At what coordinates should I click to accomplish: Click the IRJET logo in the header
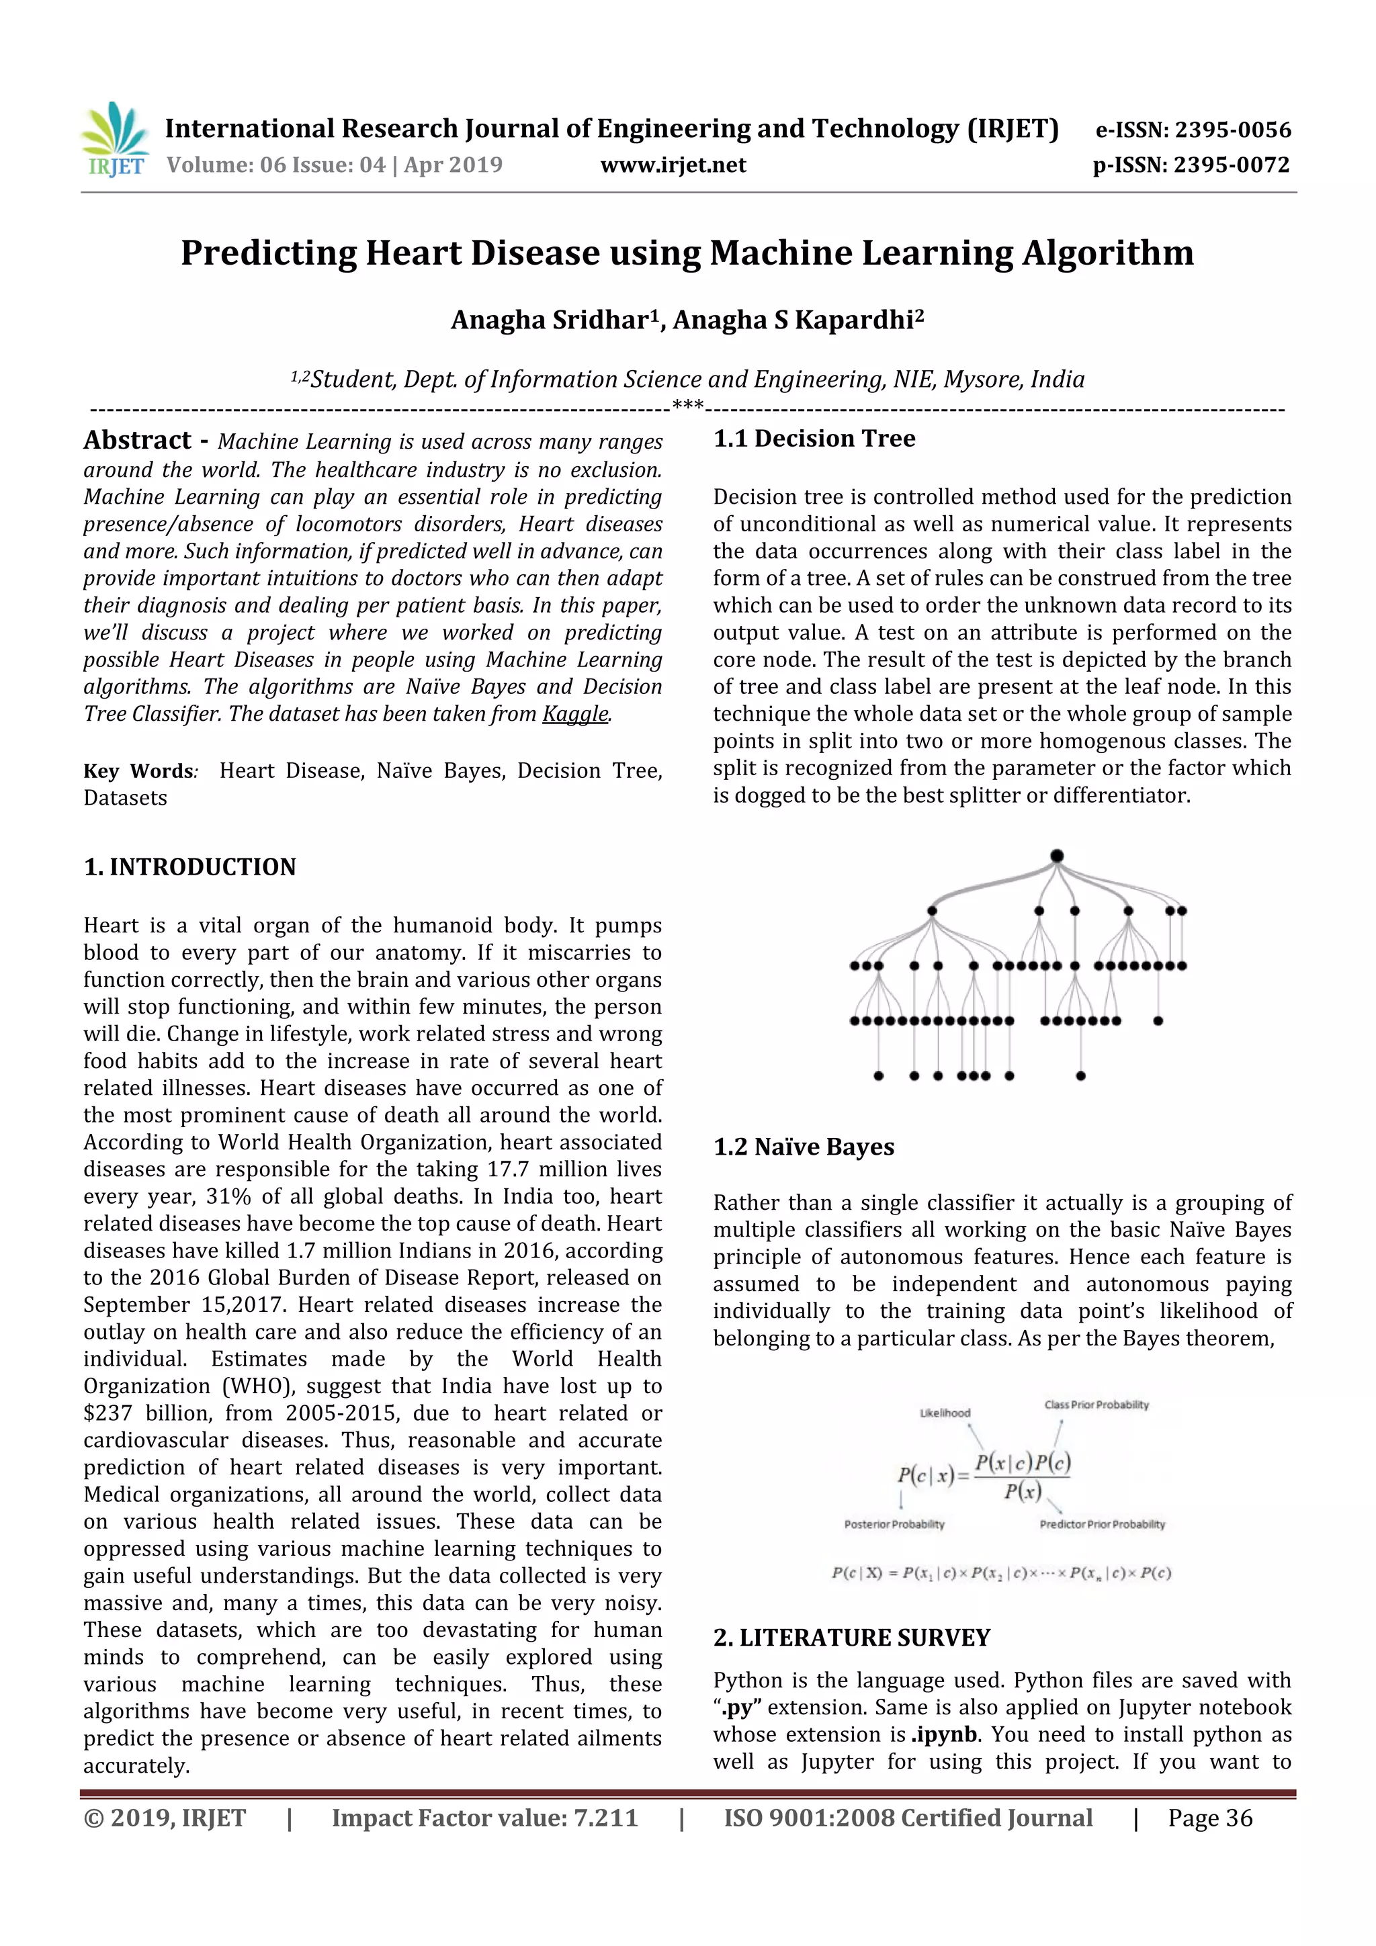[114, 140]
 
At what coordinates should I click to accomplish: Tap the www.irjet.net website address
[673, 165]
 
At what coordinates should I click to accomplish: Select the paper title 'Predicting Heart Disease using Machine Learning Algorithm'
[687, 253]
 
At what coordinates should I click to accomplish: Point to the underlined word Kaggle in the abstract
[575, 713]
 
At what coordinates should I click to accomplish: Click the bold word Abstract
[137, 440]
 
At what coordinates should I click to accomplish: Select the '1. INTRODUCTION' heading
[190, 867]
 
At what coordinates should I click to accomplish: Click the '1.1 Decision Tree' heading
[814, 438]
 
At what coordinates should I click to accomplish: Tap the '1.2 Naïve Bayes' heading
[803, 1147]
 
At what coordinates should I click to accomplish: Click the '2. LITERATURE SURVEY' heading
[851, 1638]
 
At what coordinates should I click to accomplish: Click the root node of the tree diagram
[1056, 856]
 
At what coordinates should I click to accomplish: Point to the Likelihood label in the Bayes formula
[945, 1413]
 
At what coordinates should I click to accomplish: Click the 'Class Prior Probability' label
[1096, 1405]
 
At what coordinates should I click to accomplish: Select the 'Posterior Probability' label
[894, 1524]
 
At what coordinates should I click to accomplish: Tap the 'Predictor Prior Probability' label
[1102, 1524]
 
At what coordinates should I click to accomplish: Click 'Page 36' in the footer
[1210, 1818]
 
